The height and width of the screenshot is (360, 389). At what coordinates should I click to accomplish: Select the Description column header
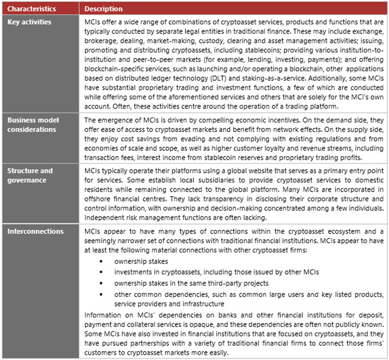tap(103, 8)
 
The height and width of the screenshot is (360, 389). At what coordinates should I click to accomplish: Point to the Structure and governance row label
tap(30, 175)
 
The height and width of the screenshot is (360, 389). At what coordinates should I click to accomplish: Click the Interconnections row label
tap(35, 231)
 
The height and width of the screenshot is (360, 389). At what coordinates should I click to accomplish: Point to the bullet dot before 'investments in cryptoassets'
tap(101, 273)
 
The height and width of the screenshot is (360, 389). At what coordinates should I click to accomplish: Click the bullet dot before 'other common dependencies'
tap(101, 294)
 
